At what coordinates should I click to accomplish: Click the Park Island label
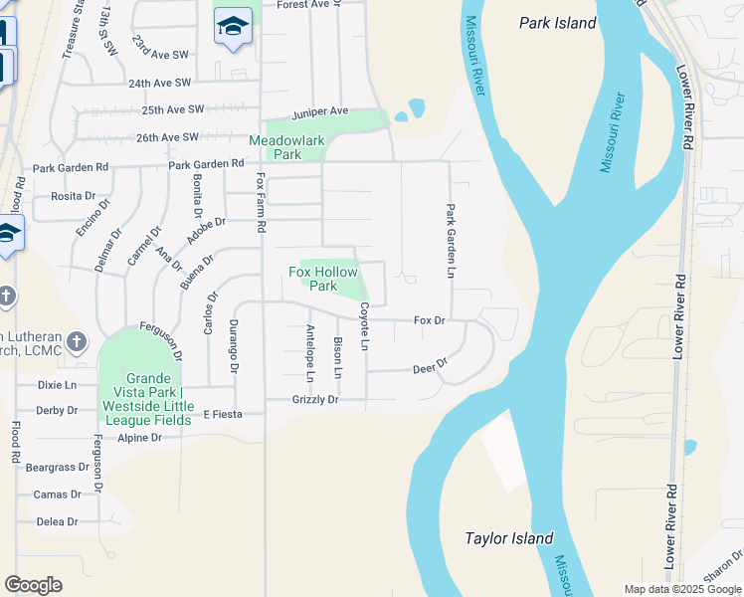pos(557,22)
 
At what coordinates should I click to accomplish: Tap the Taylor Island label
pos(508,538)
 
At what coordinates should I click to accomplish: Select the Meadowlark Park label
pos(287,147)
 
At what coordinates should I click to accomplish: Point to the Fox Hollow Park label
pos(322,278)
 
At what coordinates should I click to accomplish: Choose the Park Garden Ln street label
pos(451,241)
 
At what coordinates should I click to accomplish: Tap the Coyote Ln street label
pos(364,326)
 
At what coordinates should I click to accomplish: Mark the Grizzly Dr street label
pos(315,400)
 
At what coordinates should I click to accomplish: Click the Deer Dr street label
pos(430,368)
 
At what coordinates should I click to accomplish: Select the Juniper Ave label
pos(320,110)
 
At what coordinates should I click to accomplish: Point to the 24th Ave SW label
pos(159,83)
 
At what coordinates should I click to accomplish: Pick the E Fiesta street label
pos(222,414)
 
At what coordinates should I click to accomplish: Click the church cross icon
pos(6,297)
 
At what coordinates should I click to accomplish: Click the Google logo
pos(33,585)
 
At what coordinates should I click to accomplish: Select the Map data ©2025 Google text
pos(681,589)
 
